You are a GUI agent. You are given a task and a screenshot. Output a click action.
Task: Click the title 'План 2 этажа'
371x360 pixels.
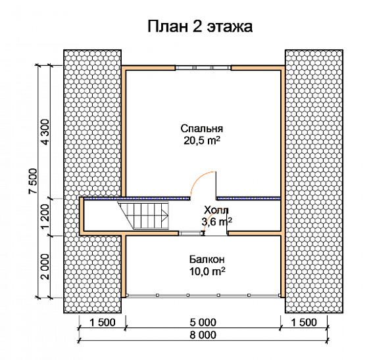pos(200,26)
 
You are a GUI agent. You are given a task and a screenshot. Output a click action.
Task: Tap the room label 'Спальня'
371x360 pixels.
pos(201,129)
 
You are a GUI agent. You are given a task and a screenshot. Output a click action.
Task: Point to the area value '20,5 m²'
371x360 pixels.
pos(201,141)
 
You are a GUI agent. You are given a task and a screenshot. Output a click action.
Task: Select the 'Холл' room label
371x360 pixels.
pos(216,210)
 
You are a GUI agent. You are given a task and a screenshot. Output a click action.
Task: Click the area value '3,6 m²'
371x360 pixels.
pos(216,221)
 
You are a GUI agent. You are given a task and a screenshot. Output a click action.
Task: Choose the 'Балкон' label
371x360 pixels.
pos(207,259)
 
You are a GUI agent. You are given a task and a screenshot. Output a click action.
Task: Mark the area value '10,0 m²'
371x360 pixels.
pos(207,271)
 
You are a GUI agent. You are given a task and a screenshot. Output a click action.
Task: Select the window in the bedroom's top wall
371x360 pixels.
pos(203,68)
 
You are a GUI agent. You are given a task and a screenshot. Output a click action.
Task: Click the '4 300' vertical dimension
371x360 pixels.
pos(45,132)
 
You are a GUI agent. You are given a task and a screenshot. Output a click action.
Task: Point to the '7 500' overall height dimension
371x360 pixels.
pos(33,181)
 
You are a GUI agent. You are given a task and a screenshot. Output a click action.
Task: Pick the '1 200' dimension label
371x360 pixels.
pos(45,216)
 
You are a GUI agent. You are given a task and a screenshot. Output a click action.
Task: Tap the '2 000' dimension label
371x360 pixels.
pos(45,267)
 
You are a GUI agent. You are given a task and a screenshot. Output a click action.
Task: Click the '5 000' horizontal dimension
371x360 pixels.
pos(203,323)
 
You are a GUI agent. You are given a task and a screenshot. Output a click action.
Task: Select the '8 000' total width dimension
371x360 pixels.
pos(203,335)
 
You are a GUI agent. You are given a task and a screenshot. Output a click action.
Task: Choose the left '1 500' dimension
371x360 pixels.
pos(102,323)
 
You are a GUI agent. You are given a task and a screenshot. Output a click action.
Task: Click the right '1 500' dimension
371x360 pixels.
pos(304,323)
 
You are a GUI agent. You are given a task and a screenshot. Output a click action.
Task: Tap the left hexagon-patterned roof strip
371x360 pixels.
pos(93,181)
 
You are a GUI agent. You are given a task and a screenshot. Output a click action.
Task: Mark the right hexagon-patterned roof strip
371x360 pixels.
pos(314,181)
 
